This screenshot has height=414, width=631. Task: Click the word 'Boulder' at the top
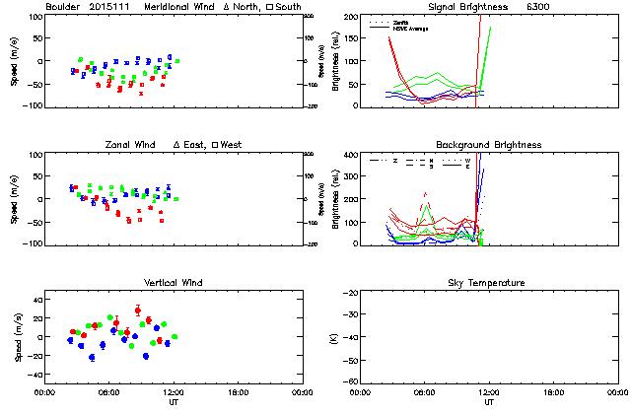click(63, 8)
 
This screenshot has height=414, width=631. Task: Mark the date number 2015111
click(109, 8)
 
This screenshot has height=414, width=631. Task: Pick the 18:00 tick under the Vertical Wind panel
click(238, 392)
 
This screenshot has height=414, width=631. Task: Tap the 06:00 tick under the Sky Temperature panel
click(424, 392)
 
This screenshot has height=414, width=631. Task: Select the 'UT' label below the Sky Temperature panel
click(489, 404)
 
